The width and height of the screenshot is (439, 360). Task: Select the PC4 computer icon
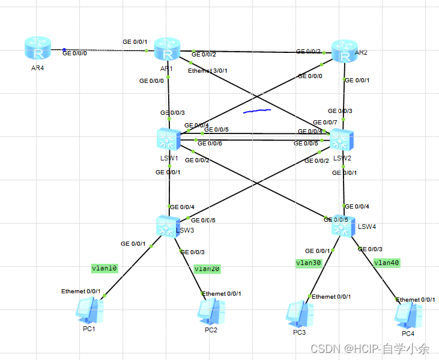pyautogui.click(x=408, y=314)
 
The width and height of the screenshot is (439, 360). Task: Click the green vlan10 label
pyautogui.click(x=105, y=268)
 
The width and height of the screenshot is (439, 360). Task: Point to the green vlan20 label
pyautogui.click(x=207, y=269)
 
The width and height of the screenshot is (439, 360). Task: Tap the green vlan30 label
pyautogui.click(x=309, y=263)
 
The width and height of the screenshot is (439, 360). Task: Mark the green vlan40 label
pyautogui.click(x=386, y=262)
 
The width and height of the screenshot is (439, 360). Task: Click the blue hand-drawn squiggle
pyautogui.click(x=257, y=111)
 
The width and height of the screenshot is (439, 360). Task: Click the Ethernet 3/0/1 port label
pyautogui.click(x=208, y=71)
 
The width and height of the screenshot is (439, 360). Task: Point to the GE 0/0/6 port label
pyautogui.click(x=210, y=143)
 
